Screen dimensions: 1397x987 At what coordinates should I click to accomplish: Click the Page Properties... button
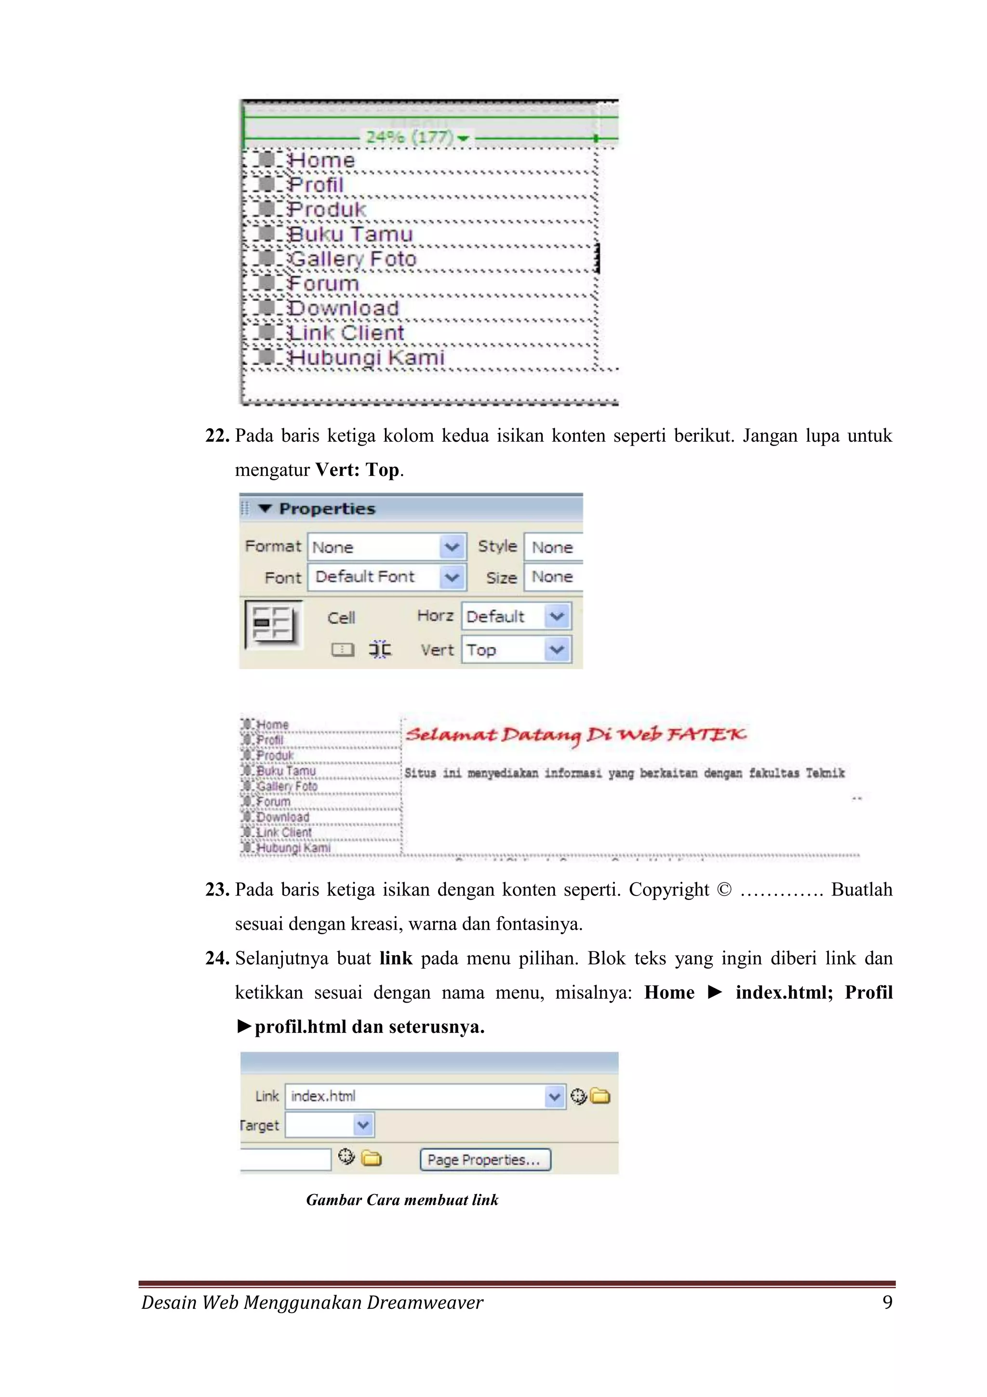(x=485, y=1159)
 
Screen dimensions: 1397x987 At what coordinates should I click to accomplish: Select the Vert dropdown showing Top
(x=516, y=650)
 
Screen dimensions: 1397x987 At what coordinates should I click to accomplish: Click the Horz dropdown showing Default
(x=516, y=616)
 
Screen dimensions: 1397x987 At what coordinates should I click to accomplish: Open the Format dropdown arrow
(x=451, y=546)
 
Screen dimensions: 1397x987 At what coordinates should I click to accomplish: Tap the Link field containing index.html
(x=416, y=1097)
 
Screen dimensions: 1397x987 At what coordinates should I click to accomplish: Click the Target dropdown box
(x=329, y=1125)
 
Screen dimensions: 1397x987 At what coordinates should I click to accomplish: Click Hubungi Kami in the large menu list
(x=366, y=358)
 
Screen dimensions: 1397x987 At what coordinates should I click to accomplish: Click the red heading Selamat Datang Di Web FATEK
(x=575, y=735)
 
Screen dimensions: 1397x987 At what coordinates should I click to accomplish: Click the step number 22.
(x=216, y=435)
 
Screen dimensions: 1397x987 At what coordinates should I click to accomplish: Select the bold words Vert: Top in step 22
(x=357, y=470)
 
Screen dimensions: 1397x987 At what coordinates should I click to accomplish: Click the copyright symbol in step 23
(x=724, y=890)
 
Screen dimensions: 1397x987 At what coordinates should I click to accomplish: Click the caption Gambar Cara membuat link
(x=402, y=1200)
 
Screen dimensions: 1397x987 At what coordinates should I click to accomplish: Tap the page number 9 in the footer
(x=887, y=1302)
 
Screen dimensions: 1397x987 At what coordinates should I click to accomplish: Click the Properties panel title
(x=327, y=509)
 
